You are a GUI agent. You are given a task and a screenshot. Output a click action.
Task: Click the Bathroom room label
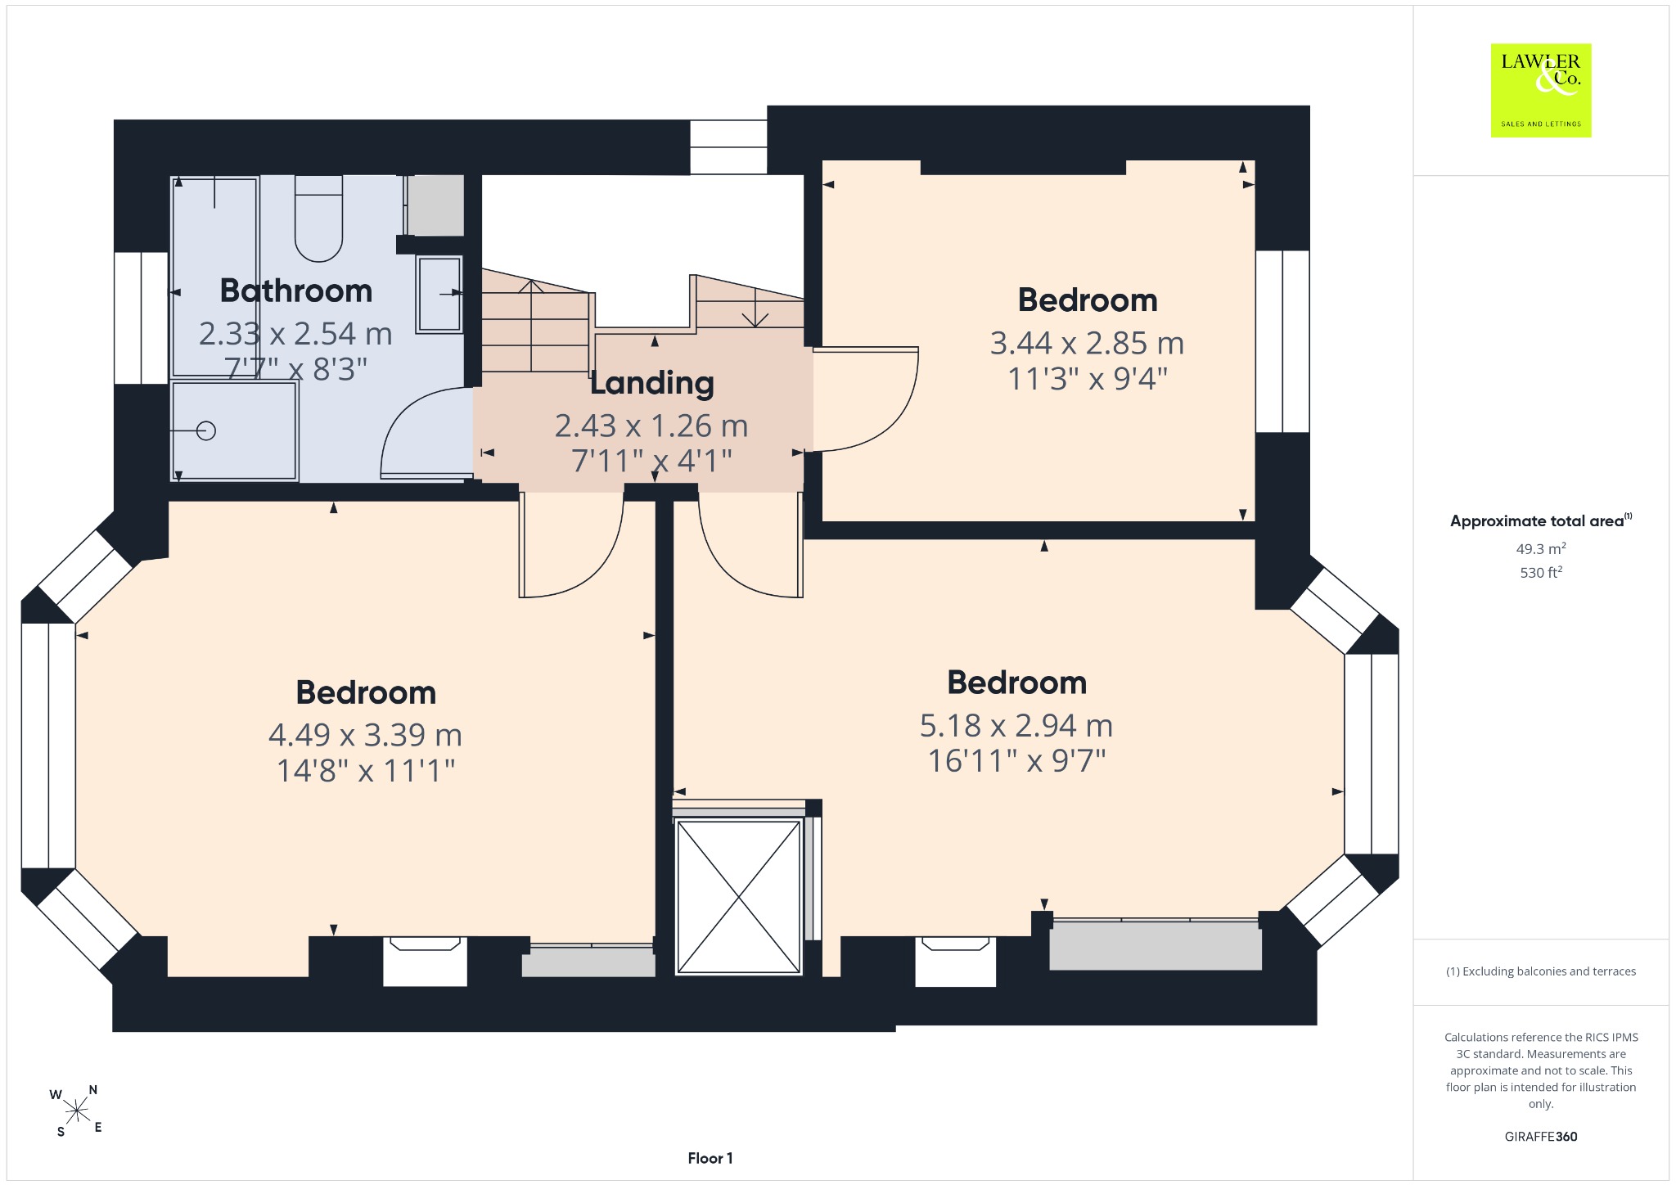tap(296, 291)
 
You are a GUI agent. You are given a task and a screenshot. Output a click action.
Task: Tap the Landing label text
tap(652, 383)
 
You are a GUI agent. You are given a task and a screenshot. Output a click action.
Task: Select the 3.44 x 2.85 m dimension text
tap(1087, 343)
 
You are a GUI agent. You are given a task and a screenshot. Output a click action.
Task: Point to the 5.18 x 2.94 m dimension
tap(1016, 725)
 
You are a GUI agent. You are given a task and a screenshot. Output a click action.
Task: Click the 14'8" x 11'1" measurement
tap(366, 770)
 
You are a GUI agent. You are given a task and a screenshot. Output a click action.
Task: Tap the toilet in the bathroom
tap(318, 219)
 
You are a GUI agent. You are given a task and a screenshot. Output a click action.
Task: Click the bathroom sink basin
tap(439, 294)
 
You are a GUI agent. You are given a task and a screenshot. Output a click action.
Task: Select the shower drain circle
tap(206, 430)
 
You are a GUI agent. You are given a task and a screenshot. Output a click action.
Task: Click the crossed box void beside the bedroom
tap(739, 898)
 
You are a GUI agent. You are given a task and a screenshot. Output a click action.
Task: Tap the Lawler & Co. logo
tap(1541, 90)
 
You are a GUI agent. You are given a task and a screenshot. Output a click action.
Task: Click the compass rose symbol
tap(77, 1111)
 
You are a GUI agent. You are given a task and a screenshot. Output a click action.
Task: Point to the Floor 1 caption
tap(710, 1158)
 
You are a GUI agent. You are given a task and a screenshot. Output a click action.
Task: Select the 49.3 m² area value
tap(1541, 548)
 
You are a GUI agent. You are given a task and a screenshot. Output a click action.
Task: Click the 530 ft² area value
tap(1541, 572)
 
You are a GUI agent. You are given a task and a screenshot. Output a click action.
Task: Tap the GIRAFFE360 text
tap(1541, 1136)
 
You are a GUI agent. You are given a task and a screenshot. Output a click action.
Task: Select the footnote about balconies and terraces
tap(1541, 971)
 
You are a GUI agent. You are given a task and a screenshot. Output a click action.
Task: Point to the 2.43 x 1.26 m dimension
tap(651, 426)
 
